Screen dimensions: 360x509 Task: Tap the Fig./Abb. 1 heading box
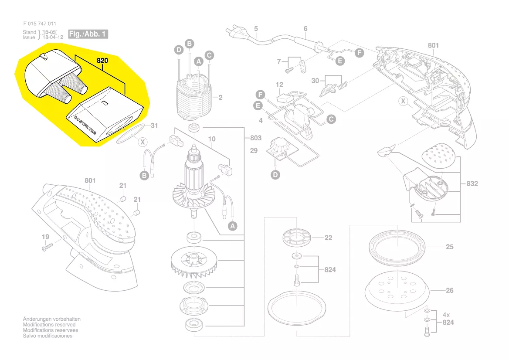click(x=88, y=34)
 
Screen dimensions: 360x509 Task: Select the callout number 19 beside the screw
click(x=45, y=237)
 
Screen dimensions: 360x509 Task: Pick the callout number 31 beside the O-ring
click(x=154, y=126)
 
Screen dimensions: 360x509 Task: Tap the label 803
click(x=256, y=138)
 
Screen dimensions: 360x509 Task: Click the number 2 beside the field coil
click(x=221, y=98)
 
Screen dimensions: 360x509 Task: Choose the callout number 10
click(x=212, y=139)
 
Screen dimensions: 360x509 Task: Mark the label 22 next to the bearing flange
click(x=328, y=238)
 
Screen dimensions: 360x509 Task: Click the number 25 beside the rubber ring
click(x=449, y=247)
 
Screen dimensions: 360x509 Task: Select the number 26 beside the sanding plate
click(x=449, y=290)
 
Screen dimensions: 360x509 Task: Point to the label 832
click(x=472, y=183)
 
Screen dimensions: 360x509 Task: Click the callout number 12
click(x=279, y=85)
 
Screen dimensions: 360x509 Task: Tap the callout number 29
click(x=254, y=151)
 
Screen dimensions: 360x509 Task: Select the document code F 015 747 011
click(x=39, y=24)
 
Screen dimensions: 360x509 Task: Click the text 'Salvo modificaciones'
click(x=48, y=336)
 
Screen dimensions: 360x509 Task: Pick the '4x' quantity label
click(x=447, y=315)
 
